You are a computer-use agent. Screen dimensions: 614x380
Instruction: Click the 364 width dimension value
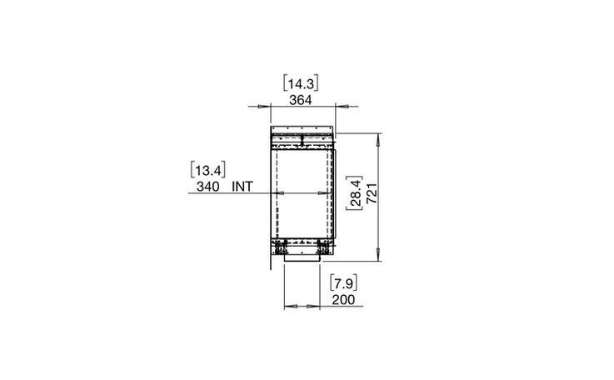tap(301, 100)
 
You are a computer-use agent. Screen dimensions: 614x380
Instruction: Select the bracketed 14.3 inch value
tap(301, 83)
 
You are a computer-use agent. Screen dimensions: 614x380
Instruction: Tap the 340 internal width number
tap(208, 187)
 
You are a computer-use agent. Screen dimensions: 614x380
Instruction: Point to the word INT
tap(242, 187)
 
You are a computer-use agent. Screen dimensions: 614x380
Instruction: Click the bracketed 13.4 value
tap(208, 170)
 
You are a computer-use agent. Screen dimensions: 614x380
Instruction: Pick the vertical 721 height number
tap(372, 193)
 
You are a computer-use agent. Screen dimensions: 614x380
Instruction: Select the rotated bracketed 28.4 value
tap(355, 192)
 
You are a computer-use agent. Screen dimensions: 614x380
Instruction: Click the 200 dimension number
tap(343, 300)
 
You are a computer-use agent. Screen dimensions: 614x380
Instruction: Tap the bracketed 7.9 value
tap(343, 282)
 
